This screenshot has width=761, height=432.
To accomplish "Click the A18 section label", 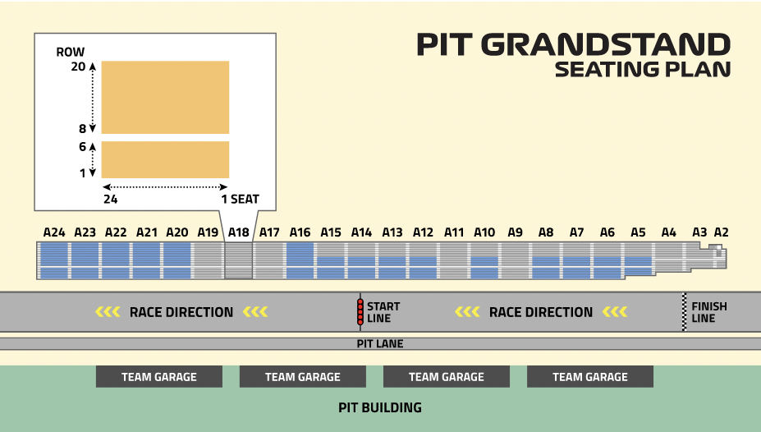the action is click(238, 232).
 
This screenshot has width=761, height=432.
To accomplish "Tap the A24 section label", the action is click(54, 232).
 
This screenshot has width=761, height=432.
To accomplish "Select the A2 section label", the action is click(722, 232).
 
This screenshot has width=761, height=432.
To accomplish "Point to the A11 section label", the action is click(454, 232).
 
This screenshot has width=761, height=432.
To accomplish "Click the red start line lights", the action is click(360, 312).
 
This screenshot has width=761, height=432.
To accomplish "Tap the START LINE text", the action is click(383, 312).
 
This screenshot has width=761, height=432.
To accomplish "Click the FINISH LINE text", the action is click(709, 312).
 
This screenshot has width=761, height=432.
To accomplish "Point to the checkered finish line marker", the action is click(685, 312).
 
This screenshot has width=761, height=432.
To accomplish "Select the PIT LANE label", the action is click(380, 343).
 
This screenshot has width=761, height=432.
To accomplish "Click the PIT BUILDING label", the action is click(380, 407).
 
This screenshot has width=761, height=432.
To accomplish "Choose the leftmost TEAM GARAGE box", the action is click(159, 377).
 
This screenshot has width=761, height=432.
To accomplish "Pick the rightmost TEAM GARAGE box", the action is click(590, 377).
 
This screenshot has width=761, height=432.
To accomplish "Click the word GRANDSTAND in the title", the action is click(606, 44).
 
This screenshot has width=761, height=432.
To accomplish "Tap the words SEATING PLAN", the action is click(643, 70).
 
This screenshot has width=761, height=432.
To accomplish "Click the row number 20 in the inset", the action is click(78, 67).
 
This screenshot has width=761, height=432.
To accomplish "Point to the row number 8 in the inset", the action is click(83, 129).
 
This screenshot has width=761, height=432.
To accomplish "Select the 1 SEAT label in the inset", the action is click(241, 199).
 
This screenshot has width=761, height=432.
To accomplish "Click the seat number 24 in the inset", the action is click(111, 199).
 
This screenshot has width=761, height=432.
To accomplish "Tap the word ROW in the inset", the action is click(71, 52).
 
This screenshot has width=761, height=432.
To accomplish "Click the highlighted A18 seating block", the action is click(238, 260).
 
